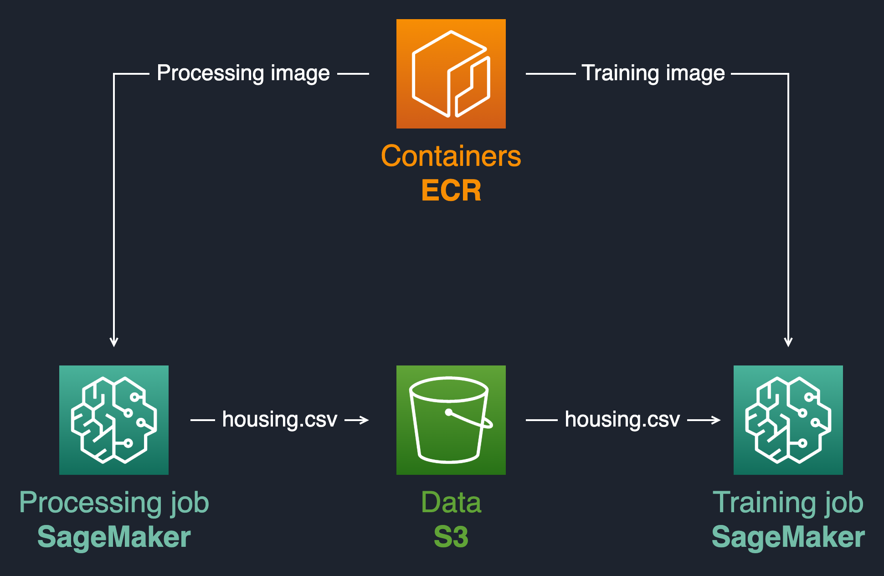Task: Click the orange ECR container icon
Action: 451,74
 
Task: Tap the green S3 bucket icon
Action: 451,420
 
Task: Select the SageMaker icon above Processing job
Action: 114,420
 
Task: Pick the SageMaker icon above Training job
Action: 788,420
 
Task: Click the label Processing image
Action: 243,73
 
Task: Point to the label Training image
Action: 653,73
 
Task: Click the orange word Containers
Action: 451,156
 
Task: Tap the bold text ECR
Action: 451,190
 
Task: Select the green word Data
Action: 451,503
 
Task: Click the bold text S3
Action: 451,537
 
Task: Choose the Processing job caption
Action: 114,503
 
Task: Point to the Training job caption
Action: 788,503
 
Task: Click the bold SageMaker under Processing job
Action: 114,537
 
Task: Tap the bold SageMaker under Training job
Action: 788,537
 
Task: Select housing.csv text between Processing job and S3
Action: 279,419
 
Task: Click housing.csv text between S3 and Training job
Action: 622,419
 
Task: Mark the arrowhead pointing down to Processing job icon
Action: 114,342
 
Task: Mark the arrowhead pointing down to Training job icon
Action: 788,342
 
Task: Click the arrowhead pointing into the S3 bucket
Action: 364,420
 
